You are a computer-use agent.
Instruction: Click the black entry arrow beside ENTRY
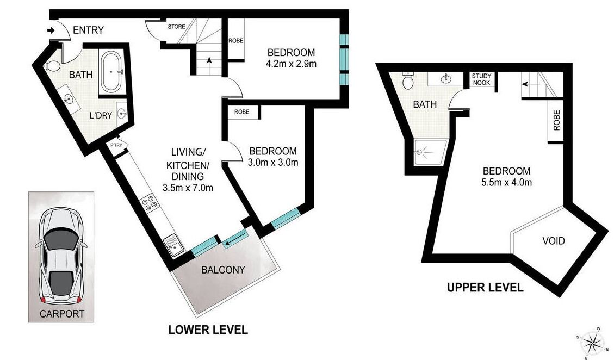[51, 30]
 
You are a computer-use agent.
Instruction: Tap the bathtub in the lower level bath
[112, 72]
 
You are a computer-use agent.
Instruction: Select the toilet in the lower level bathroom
[52, 66]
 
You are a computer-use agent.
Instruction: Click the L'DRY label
[101, 116]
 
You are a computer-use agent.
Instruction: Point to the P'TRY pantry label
[116, 145]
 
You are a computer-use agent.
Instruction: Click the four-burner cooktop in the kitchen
[150, 203]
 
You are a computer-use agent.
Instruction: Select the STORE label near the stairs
[177, 27]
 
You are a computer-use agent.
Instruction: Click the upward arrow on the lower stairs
[209, 63]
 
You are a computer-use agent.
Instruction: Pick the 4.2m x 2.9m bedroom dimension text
[291, 64]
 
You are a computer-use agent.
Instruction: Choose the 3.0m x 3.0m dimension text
[273, 162]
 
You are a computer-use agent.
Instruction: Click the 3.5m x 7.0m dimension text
[188, 188]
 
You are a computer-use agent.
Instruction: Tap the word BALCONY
[223, 270]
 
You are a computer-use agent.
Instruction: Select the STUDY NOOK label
[481, 79]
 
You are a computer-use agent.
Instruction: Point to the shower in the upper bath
[430, 152]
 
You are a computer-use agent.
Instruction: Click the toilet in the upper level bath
[408, 80]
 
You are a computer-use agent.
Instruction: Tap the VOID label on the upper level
[554, 240]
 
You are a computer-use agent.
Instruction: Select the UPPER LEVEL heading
[485, 288]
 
